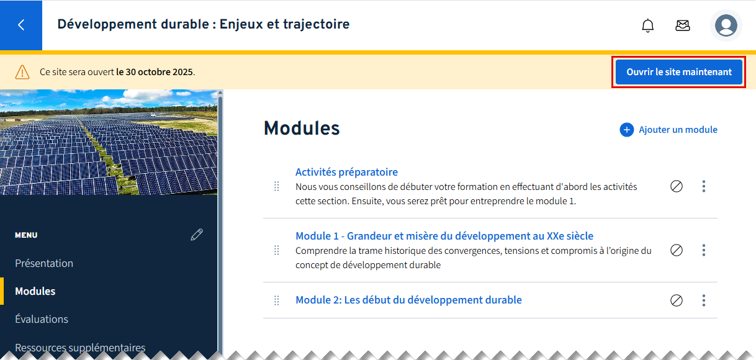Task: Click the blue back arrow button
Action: click(x=21, y=25)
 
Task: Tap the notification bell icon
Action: click(x=647, y=25)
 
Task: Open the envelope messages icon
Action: click(x=682, y=25)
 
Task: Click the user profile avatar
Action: click(x=726, y=25)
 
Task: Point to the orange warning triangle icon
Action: click(x=22, y=72)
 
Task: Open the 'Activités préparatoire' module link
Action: click(x=346, y=172)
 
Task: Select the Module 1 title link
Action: click(x=444, y=236)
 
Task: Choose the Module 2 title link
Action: click(x=408, y=300)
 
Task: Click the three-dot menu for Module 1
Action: click(x=704, y=250)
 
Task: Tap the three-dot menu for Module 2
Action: click(x=704, y=300)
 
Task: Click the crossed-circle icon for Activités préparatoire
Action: click(x=677, y=186)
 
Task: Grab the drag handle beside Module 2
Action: click(x=276, y=300)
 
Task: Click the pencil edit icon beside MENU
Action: click(x=197, y=235)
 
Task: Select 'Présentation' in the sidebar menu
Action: click(x=44, y=263)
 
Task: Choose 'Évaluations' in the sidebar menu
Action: click(x=42, y=319)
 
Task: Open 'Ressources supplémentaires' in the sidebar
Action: click(x=80, y=348)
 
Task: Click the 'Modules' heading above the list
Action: click(x=302, y=128)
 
